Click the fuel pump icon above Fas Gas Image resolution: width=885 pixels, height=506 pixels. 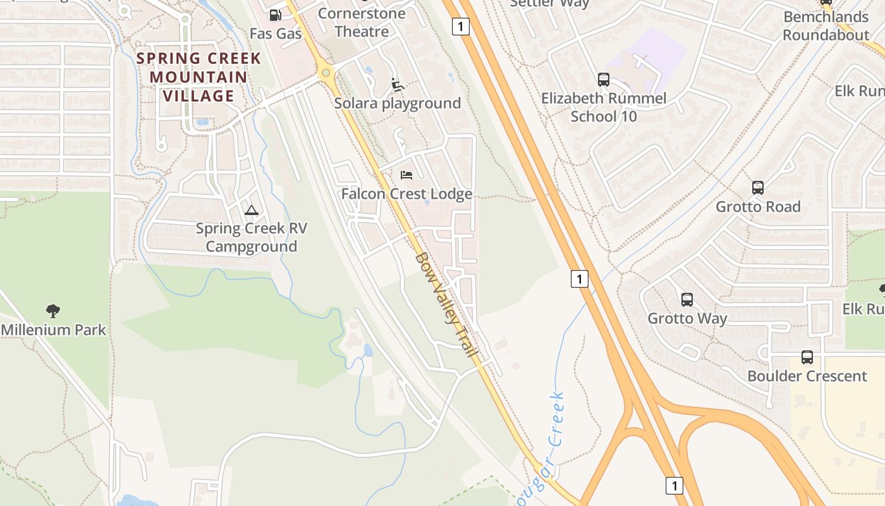[x=275, y=15]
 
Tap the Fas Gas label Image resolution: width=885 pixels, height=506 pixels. [x=276, y=34]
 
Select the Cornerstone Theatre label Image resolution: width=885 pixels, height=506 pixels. [x=362, y=22]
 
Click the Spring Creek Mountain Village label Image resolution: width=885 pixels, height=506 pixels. [x=199, y=77]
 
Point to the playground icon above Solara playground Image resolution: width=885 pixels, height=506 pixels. [x=397, y=84]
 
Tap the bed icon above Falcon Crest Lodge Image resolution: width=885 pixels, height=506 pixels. [x=406, y=175]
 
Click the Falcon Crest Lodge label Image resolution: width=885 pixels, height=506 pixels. [x=406, y=194]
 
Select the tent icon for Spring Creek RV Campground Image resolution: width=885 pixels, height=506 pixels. [x=252, y=210]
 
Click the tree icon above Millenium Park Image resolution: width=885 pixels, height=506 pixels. [x=53, y=311]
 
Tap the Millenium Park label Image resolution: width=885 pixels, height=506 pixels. [x=54, y=330]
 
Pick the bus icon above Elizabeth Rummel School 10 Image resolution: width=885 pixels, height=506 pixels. [x=603, y=80]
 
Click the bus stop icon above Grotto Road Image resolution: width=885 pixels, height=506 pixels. [x=757, y=187]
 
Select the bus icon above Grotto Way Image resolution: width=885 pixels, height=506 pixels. [x=687, y=299]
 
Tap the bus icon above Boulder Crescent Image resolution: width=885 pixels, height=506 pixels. [x=807, y=357]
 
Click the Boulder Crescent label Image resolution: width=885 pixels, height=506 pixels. [x=807, y=376]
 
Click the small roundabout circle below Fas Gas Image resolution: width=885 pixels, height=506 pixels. [x=326, y=73]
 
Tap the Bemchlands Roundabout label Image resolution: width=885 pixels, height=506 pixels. [x=826, y=25]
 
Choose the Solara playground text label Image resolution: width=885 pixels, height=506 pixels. [x=397, y=103]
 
